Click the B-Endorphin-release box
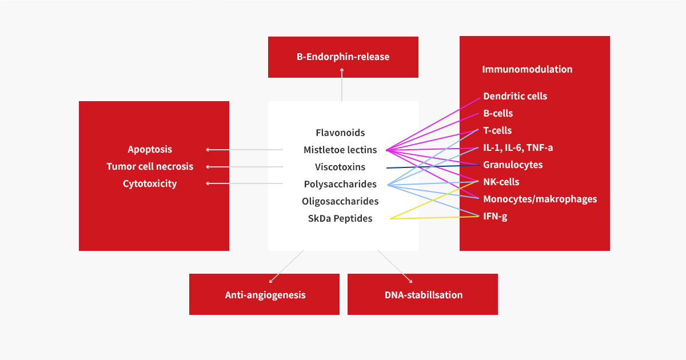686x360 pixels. pos(343,57)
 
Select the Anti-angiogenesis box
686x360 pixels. pos(265,295)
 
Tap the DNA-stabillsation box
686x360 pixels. pos(423,295)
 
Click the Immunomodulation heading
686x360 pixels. pos(527,69)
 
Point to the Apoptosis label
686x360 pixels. pos(150,150)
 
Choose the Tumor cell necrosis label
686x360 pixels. pos(150,167)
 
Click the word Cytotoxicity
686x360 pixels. pos(150,184)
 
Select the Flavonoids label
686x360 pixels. pos(340,133)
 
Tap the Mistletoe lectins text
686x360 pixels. pos(340,150)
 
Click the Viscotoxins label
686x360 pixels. pos(340,167)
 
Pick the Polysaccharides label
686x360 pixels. pos(340,184)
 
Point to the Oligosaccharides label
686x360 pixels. pos(340,201)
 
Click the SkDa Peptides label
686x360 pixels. pos(340,218)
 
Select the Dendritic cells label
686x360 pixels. pos(515,96)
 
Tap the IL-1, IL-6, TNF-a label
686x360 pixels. pos(518,147)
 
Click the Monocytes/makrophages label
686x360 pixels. pos(540,199)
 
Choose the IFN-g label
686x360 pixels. pos(495,216)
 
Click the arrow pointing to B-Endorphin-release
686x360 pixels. pos(342,86)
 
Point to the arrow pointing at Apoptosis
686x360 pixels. pos(245,150)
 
